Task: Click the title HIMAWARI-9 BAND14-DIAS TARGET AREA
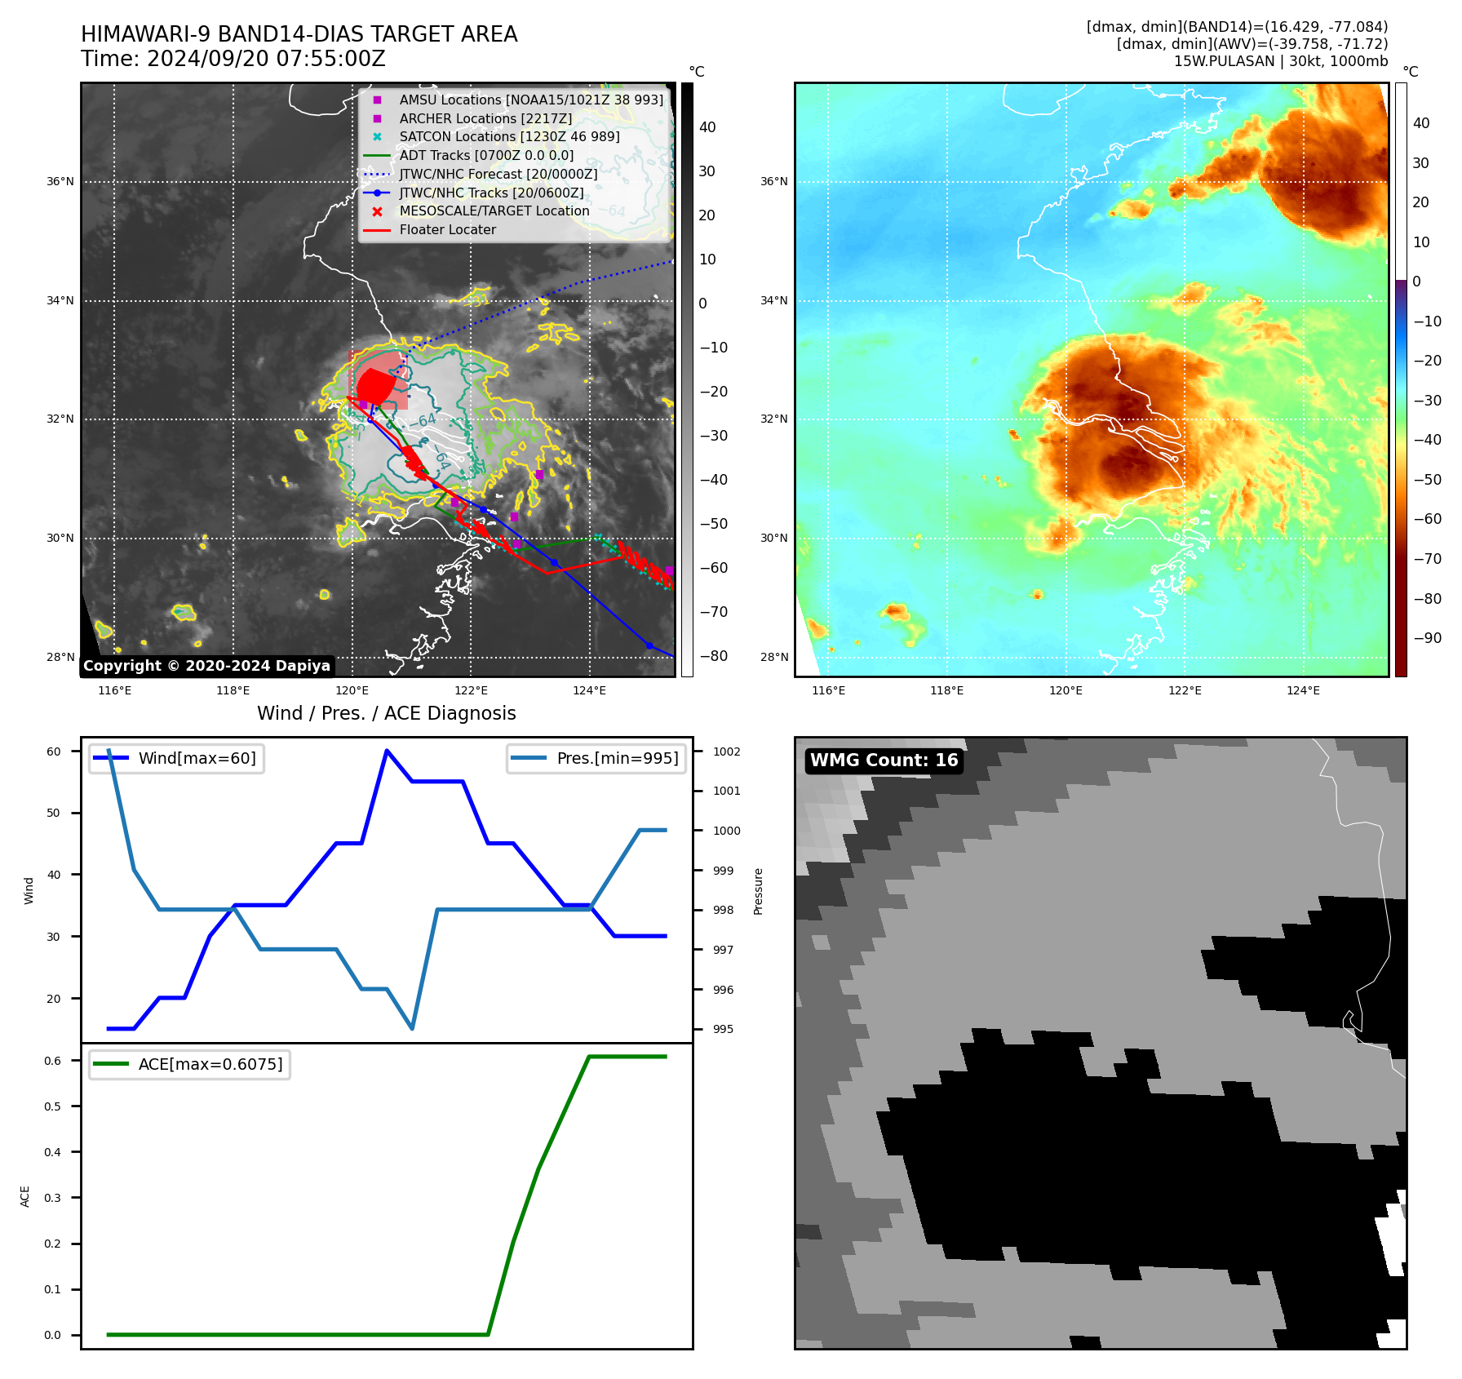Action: coord(299,34)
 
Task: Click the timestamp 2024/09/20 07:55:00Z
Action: coord(266,59)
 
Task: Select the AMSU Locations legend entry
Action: coord(530,100)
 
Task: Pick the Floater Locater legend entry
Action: coord(447,230)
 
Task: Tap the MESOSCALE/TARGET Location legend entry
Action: coord(494,211)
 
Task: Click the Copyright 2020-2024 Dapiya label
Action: coord(206,666)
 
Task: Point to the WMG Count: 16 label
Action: coord(884,760)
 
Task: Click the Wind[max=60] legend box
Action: coord(176,759)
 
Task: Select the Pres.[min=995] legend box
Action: coord(596,759)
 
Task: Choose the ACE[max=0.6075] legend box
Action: coord(189,1065)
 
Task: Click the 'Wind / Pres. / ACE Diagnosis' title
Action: coord(386,714)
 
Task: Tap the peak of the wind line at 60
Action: coord(387,751)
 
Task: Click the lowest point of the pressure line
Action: coord(412,1029)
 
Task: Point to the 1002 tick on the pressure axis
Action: coord(726,752)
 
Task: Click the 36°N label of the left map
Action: coord(60,182)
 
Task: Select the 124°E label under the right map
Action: coord(1303,691)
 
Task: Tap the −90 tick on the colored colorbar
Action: coord(1427,638)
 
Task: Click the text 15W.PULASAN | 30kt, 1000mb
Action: coord(1280,61)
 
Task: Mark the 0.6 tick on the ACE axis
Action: coord(52,1061)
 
